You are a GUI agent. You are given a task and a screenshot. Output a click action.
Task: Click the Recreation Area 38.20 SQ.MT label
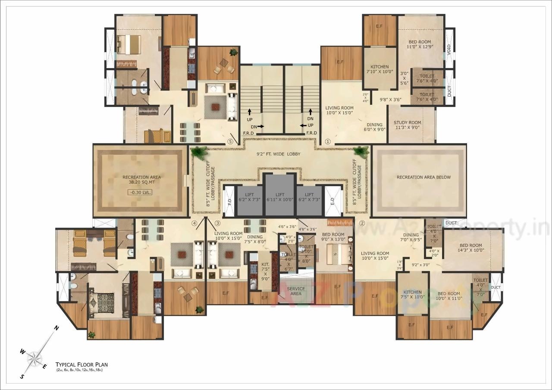pos(141,180)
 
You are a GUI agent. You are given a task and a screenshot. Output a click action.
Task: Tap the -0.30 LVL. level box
pos(141,192)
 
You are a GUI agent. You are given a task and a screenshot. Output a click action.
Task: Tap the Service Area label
pos(295,291)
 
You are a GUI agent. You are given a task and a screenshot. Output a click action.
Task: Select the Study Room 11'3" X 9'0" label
pos(408,125)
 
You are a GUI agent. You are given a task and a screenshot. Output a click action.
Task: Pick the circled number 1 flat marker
pos(327,141)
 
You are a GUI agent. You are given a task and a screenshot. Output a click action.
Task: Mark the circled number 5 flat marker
pos(231,141)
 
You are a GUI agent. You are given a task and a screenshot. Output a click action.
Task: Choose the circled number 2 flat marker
pos(362,223)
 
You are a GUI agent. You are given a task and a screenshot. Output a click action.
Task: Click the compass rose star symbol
pos(34,358)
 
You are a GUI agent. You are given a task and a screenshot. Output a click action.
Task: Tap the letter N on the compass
pos(56,328)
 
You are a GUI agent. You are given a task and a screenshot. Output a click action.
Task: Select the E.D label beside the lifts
pos(332,201)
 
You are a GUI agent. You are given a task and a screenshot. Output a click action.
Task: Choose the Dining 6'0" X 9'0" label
pos(374,127)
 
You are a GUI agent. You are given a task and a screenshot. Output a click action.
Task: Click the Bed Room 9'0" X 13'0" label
pos(332,237)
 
